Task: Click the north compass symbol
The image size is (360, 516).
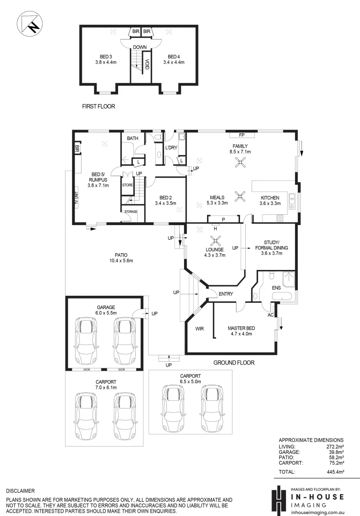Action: (29, 23)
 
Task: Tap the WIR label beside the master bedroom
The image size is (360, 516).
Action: (199, 329)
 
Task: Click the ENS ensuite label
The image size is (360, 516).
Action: (277, 288)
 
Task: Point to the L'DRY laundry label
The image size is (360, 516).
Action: (171, 148)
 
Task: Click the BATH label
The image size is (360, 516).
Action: (132, 139)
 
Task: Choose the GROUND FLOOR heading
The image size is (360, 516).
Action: (233, 363)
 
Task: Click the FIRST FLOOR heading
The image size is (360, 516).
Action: (98, 107)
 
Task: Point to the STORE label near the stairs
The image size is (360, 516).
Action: (127, 185)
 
